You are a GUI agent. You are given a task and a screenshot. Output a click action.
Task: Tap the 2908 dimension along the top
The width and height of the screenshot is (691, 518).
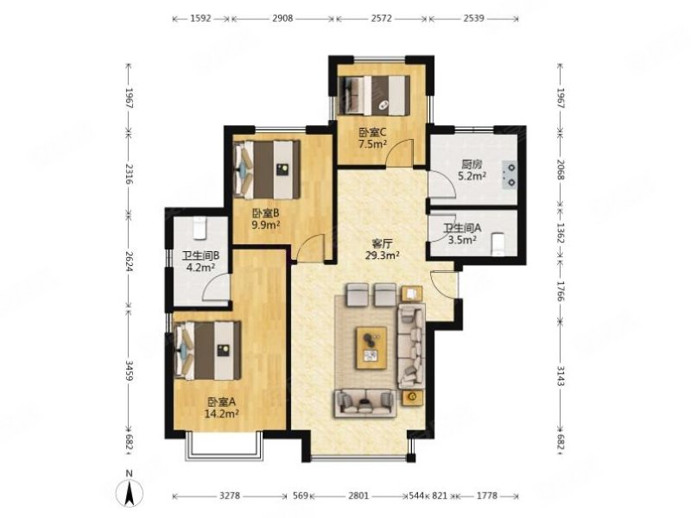[x=282, y=18]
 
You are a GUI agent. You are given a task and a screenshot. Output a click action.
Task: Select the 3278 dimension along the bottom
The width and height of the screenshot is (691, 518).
[x=230, y=496]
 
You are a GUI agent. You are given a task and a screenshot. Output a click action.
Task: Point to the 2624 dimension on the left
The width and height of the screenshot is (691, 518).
[x=129, y=262]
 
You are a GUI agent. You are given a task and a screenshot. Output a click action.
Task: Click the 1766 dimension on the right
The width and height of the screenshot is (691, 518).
[x=561, y=292]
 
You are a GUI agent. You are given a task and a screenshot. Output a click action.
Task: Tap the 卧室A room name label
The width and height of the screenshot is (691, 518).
[x=222, y=401]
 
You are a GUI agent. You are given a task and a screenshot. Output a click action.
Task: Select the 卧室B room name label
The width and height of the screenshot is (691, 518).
[x=266, y=213]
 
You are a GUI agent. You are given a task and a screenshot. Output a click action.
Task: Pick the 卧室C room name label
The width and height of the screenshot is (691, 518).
[x=372, y=132]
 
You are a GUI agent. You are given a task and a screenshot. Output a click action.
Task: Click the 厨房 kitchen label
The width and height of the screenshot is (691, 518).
[x=471, y=165]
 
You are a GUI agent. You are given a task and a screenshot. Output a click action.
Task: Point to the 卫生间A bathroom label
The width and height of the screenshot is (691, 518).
[x=462, y=228]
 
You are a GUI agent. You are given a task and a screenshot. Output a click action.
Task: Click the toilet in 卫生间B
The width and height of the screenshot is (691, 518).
[x=200, y=228]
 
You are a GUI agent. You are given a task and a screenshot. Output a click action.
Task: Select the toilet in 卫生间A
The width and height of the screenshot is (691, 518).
[x=498, y=244]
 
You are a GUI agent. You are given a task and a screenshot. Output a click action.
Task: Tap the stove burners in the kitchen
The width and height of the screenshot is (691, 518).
[x=511, y=174]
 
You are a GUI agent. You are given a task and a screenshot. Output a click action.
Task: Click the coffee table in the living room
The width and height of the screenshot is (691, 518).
[x=371, y=348]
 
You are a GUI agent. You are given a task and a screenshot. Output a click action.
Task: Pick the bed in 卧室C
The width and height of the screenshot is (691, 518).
[x=374, y=95]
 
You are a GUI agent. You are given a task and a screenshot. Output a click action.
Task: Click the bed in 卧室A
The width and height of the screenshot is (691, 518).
[x=208, y=351]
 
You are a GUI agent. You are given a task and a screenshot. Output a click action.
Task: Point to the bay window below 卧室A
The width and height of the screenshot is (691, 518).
[x=224, y=445]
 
